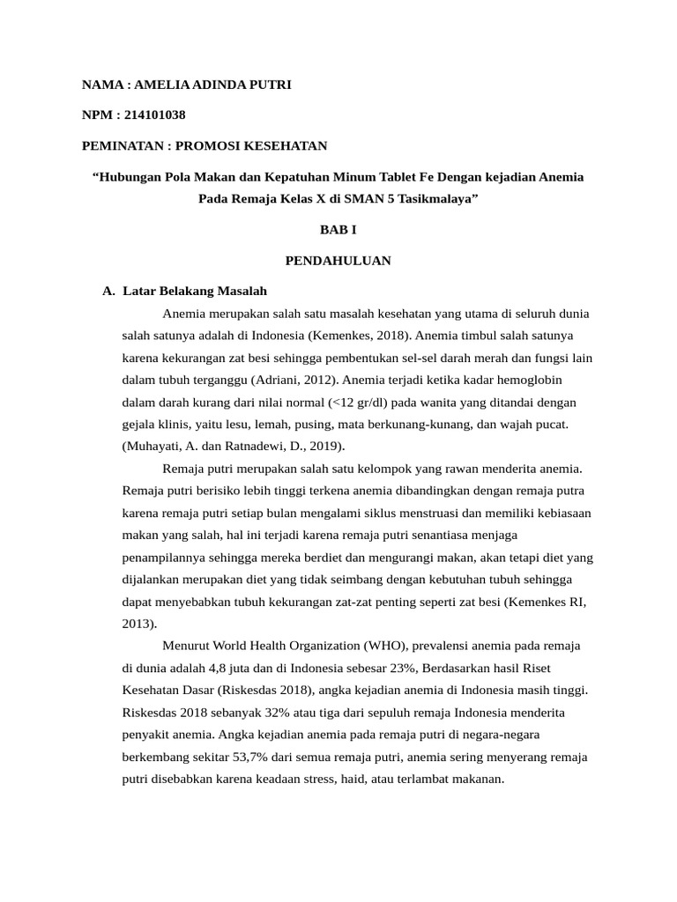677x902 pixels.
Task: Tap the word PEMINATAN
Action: coord(122,145)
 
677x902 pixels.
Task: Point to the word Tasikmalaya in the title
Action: coord(436,199)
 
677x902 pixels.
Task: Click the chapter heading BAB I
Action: coord(338,230)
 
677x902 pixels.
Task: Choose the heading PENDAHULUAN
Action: coord(338,261)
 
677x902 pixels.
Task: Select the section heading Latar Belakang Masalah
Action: coord(195,291)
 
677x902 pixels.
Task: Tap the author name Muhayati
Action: coord(151,447)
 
